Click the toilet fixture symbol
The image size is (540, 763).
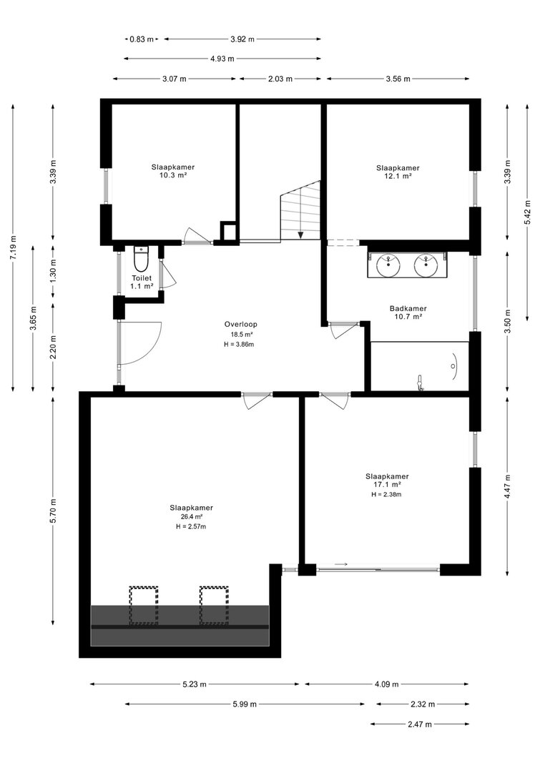(141, 260)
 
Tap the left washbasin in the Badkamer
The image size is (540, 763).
(388, 265)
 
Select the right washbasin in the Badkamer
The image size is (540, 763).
(426, 265)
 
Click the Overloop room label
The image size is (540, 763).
(241, 324)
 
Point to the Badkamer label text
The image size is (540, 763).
(408, 308)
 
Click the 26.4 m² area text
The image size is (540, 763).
(191, 517)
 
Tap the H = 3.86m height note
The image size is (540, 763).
(239, 345)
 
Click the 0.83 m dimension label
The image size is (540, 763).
(142, 39)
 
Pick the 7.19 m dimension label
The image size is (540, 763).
(13, 247)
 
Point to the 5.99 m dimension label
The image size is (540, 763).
(244, 704)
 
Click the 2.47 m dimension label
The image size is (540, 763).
(420, 724)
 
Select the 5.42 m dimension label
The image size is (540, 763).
(527, 212)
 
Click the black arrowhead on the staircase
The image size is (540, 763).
(301, 235)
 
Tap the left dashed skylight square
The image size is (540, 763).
(144, 606)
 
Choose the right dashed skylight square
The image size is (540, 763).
(214, 606)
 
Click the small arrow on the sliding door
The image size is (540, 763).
(341, 564)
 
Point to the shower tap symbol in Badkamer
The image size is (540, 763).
(420, 383)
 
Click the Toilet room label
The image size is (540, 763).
(142, 278)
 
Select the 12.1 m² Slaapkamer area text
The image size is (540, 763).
(398, 176)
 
